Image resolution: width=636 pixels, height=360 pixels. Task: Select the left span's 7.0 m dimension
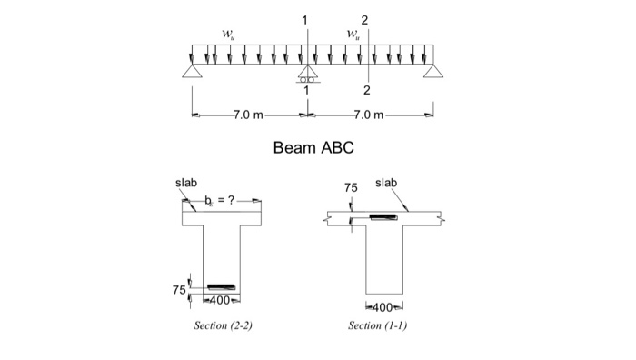(247, 115)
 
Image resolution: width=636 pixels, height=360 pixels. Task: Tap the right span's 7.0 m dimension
(366, 115)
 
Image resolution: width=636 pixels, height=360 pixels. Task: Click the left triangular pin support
(193, 71)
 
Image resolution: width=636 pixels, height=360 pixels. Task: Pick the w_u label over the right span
(353, 35)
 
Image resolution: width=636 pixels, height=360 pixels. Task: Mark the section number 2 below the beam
(366, 91)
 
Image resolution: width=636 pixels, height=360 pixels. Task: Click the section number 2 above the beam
(366, 19)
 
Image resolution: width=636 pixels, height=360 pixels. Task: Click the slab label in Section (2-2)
(186, 184)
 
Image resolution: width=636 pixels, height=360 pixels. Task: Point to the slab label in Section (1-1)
(386, 184)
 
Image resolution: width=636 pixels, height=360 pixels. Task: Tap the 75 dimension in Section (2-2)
(179, 289)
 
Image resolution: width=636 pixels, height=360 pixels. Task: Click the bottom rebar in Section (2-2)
(221, 287)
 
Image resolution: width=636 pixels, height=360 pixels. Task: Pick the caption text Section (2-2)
(223, 325)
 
